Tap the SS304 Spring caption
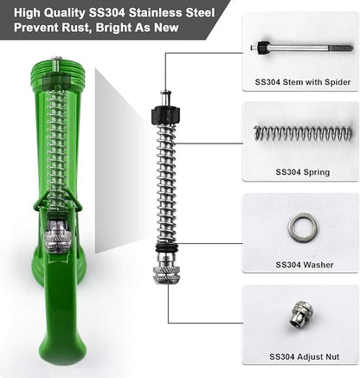tap(302, 172)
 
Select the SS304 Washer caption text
tap(302, 264)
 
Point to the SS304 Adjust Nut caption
tap(302, 356)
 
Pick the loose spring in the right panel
tap(303, 133)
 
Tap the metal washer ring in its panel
tap(303, 228)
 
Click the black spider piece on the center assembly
tap(164, 116)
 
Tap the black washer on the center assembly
tap(165, 250)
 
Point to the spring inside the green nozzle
tap(57, 147)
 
